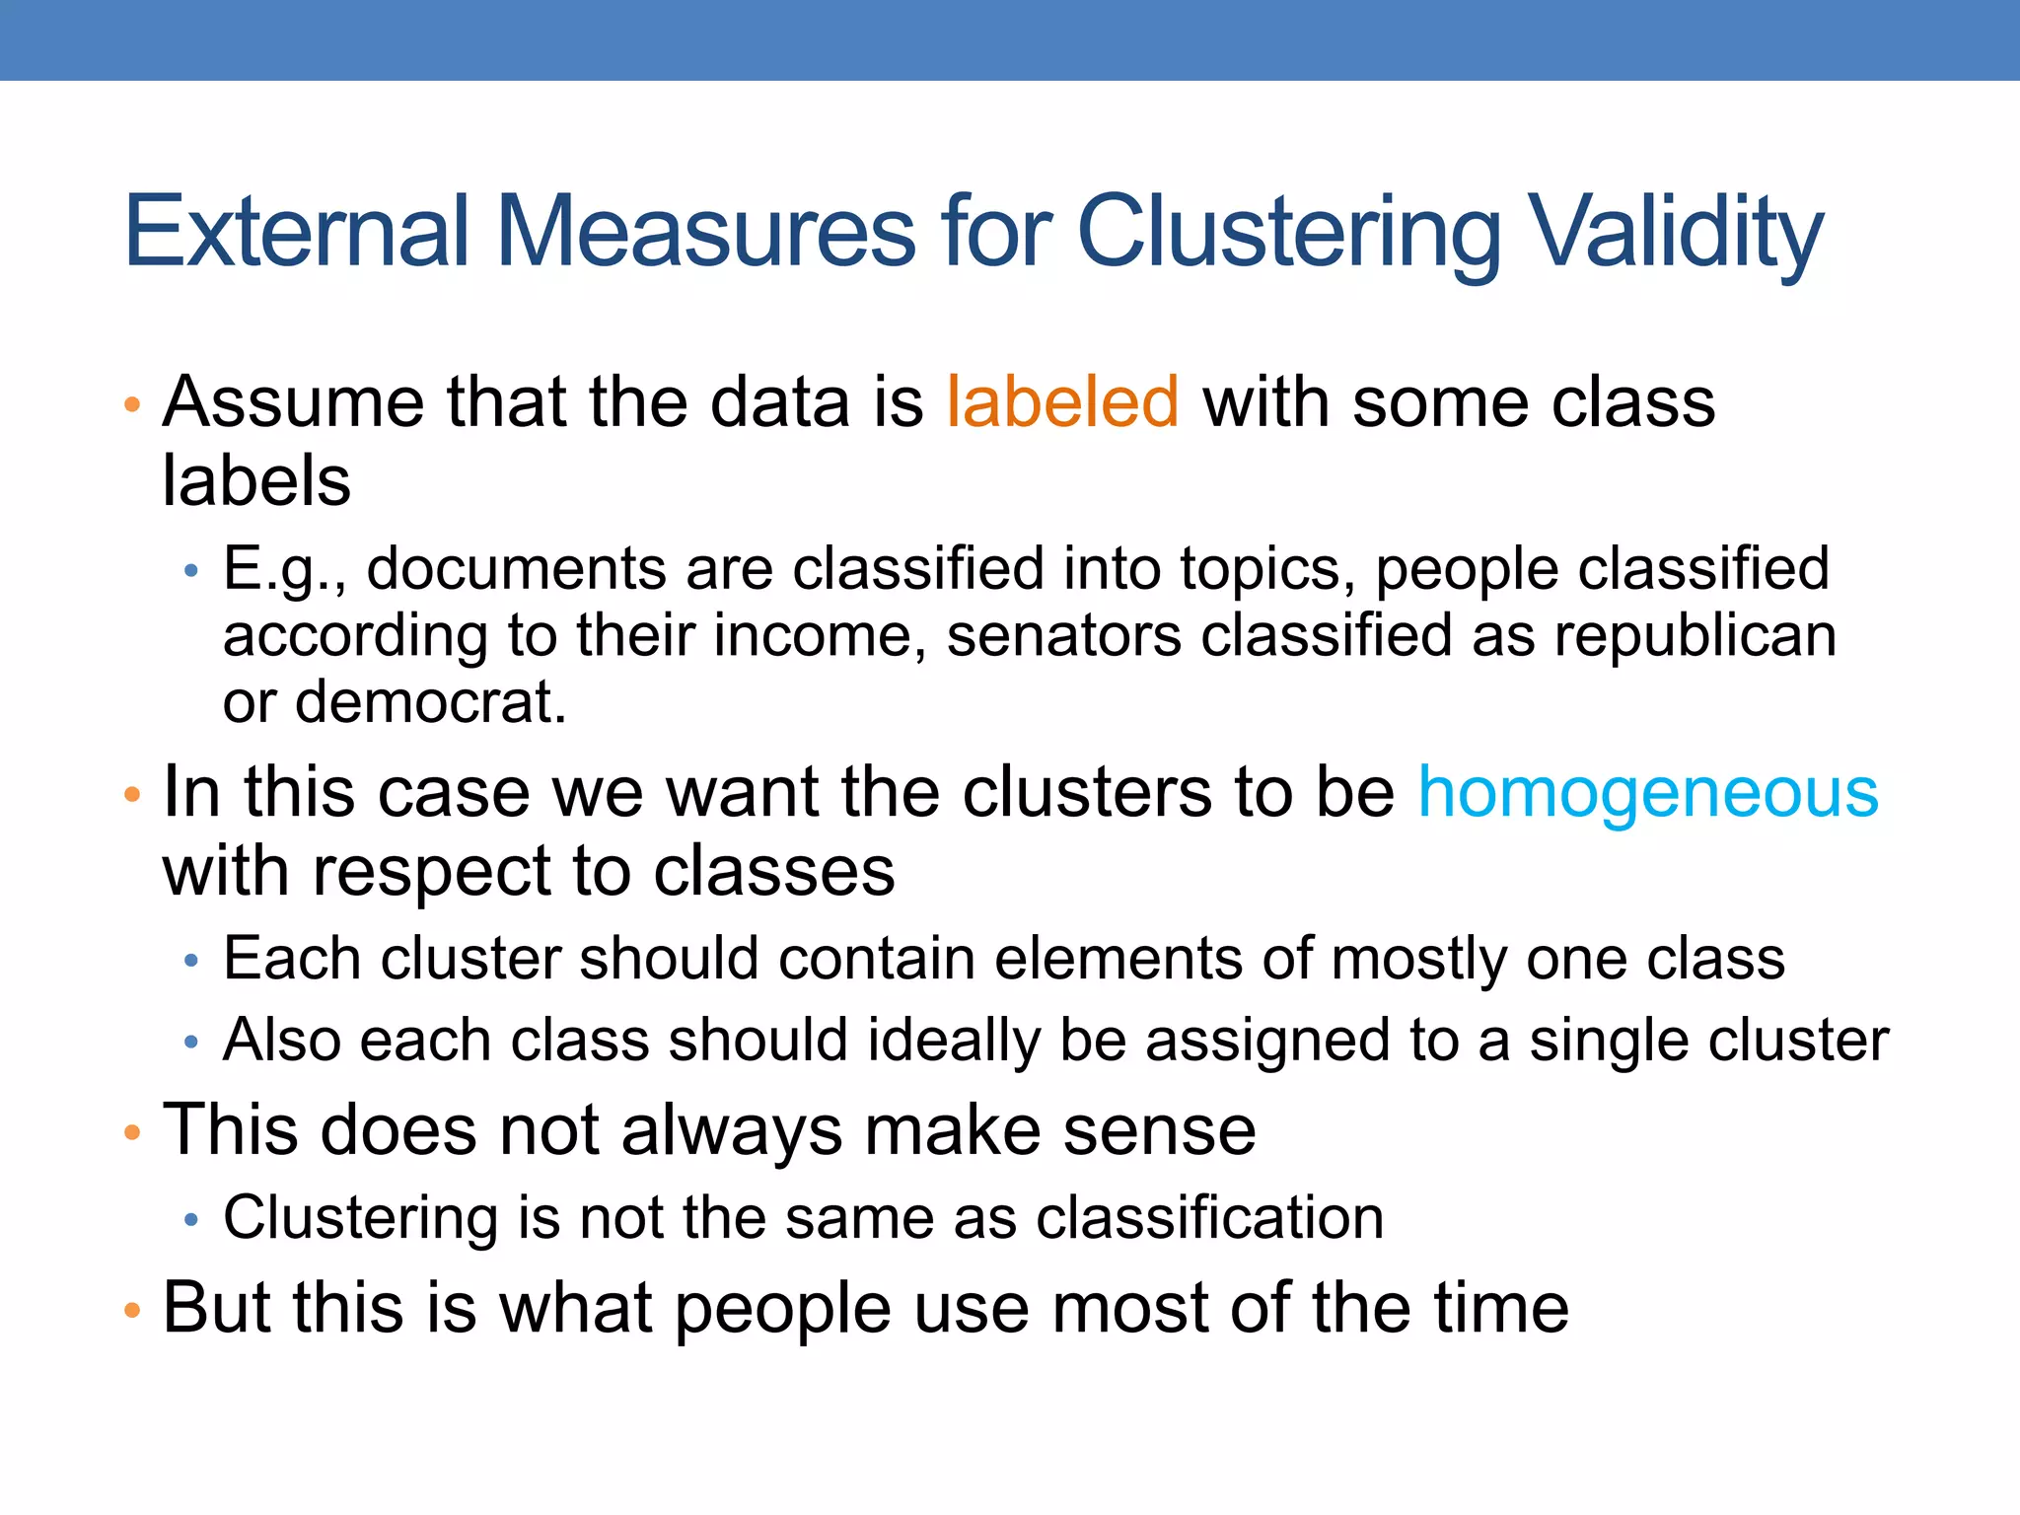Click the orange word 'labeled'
coord(1062,402)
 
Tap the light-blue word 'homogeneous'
coord(1648,793)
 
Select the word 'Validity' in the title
coord(1677,233)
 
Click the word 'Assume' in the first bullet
coord(293,402)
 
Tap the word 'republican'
coord(1695,635)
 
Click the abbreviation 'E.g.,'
coord(284,570)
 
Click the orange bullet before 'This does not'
coord(132,1133)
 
